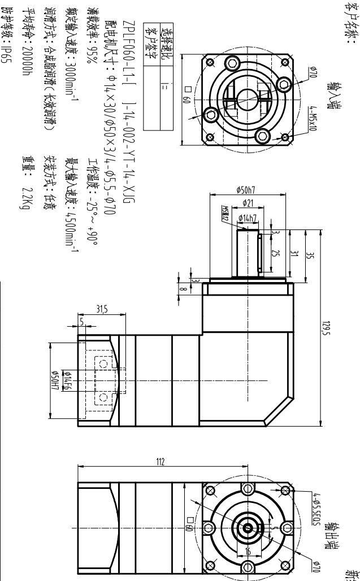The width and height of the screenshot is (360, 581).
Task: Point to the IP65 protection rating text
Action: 7,57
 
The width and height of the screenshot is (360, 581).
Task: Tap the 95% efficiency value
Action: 92,63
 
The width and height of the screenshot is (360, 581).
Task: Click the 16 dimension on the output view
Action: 247,550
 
